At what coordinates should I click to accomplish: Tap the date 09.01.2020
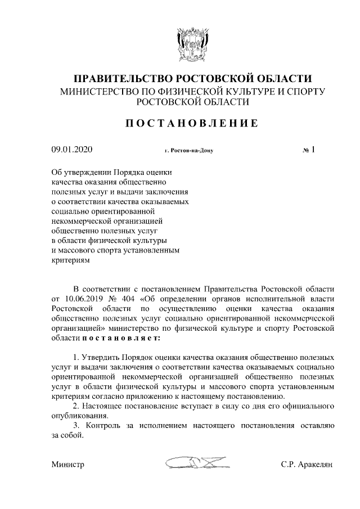[x=72, y=150]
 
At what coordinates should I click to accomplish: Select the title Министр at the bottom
[x=67, y=465]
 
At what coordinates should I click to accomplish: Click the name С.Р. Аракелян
[x=308, y=465]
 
